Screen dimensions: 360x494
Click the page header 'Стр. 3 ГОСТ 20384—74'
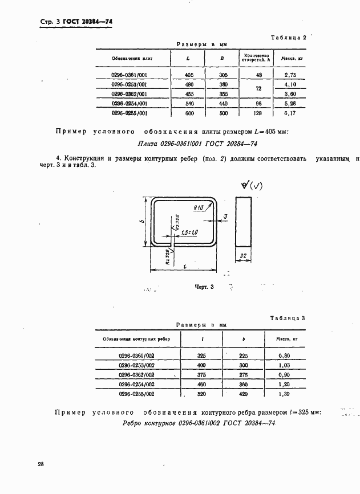(76, 22)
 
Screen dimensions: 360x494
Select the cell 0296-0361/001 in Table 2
(130, 74)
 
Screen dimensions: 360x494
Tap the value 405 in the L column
(189, 74)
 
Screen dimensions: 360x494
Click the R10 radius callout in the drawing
(199, 209)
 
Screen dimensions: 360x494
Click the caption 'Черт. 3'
(204, 287)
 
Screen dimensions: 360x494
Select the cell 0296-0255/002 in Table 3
(136, 394)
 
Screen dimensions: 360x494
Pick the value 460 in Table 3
(201, 384)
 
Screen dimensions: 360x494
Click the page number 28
(41, 464)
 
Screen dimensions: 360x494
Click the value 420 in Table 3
(244, 394)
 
